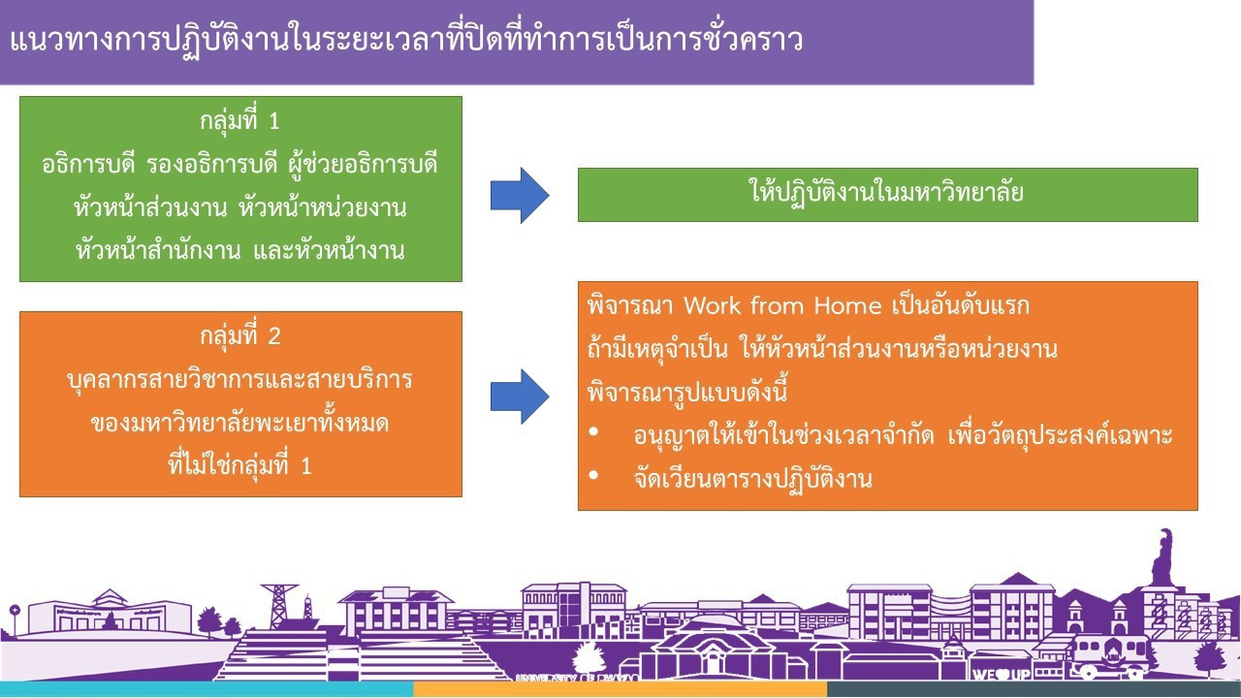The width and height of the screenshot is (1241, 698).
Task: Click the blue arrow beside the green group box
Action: pos(520,196)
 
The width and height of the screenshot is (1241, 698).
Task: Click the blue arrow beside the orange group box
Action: pos(520,397)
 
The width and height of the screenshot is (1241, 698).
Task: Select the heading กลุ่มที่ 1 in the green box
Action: pos(239,121)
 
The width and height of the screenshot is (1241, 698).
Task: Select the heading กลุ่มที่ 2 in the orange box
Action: pos(239,336)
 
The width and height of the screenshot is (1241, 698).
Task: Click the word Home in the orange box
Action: pos(847,305)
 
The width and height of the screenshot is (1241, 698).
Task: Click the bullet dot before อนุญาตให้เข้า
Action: pos(594,432)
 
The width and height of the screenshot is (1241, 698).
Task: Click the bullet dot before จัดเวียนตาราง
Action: pos(594,475)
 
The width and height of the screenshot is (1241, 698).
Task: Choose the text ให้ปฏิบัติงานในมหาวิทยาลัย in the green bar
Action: pos(887,192)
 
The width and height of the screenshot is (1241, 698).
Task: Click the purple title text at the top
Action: pos(406,40)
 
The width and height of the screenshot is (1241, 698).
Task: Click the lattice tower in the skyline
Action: pos(279,606)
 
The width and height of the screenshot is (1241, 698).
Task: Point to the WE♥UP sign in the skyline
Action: pos(1001,674)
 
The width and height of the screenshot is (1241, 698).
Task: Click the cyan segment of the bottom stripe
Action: pos(207,689)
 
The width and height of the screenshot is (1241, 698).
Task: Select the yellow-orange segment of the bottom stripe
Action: pos(620,689)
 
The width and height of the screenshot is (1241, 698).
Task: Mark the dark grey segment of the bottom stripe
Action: pos(1034,689)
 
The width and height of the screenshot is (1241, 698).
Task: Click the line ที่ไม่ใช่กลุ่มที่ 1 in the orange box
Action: pos(239,465)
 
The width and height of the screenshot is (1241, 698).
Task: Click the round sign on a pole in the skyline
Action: pos(15,610)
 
